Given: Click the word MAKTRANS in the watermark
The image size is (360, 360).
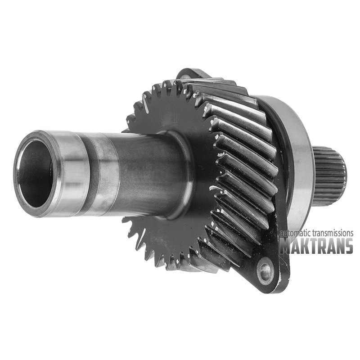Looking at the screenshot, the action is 316,246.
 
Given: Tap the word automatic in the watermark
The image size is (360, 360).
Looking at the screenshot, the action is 296,233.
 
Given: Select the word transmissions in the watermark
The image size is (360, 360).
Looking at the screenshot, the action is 333,233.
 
